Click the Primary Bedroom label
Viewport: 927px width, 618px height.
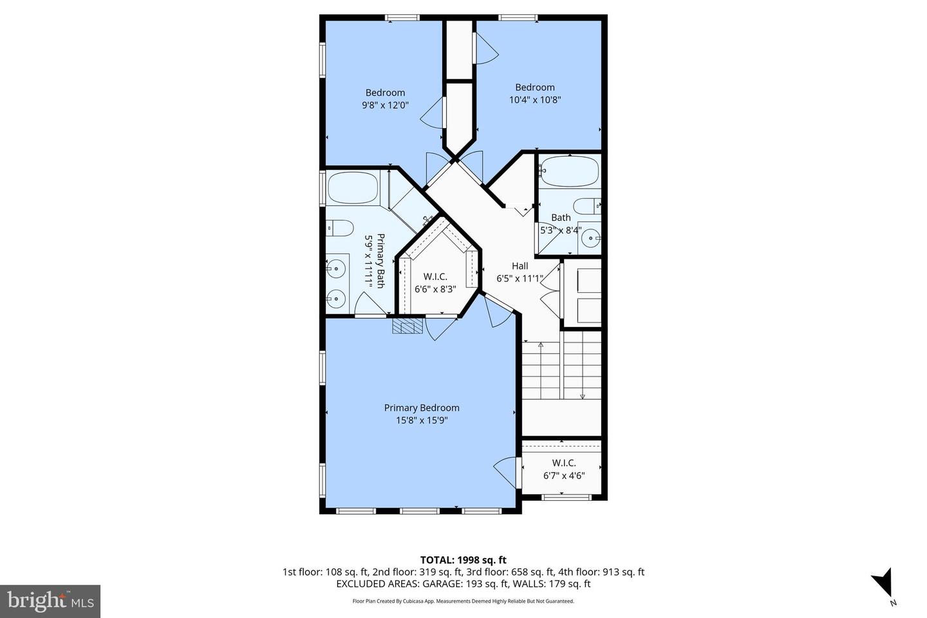(422, 407)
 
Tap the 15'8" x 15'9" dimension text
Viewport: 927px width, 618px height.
(422, 420)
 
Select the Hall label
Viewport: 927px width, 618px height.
(520, 266)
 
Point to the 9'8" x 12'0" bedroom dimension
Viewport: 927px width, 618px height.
(386, 105)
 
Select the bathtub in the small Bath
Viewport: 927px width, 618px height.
(568, 172)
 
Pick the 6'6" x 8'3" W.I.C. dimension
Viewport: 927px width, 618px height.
(435, 289)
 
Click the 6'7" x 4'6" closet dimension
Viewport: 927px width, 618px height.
(563, 476)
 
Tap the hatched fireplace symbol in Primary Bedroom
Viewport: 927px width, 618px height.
(407, 326)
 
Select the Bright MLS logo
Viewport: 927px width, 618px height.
(50, 601)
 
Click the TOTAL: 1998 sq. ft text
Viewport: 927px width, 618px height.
(463, 560)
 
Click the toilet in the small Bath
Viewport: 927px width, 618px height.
(586, 207)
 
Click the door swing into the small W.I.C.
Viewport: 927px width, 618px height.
(507, 472)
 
